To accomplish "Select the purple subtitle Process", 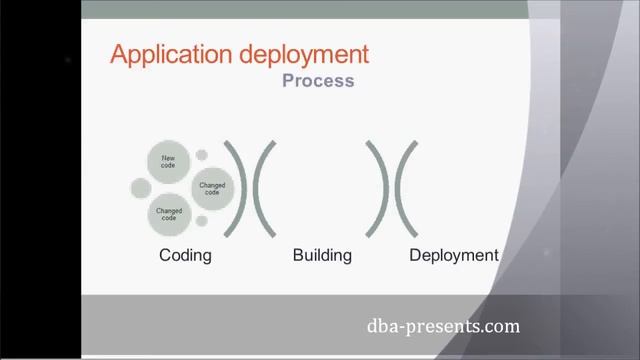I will (x=318, y=81).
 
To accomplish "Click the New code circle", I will (x=167, y=162).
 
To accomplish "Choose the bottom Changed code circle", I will (x=169, y=213).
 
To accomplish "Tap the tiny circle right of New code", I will (x=202, y=155).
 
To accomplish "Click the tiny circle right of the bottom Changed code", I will (x=201, y=221).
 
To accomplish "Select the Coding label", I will (x=185, y=255).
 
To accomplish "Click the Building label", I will (x=322, y=255).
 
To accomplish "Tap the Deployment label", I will (x=453, y=255).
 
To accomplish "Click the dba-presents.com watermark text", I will (x=443, y=326).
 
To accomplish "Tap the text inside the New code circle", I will (x=167, y=162).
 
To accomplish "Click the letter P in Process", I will (x=288, y=81).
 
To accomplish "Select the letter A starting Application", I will (x=118, y=54).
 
